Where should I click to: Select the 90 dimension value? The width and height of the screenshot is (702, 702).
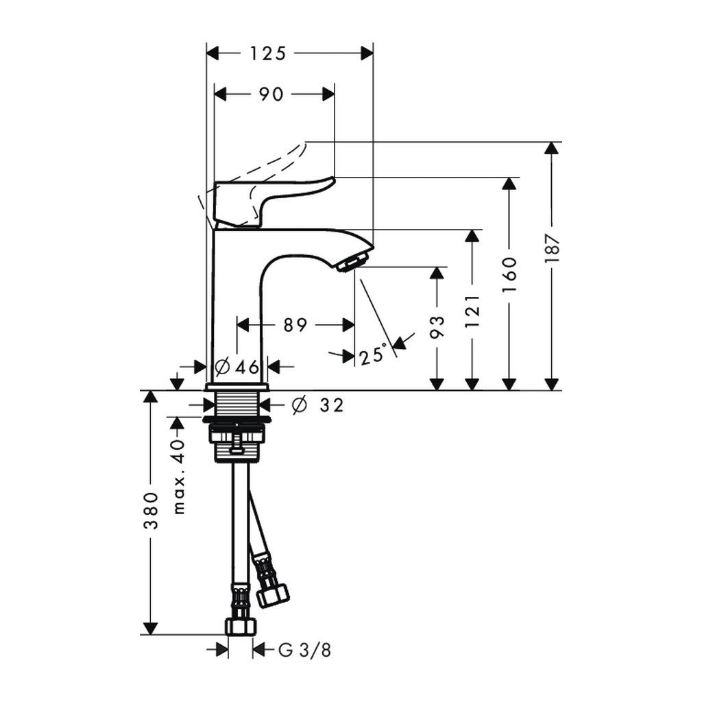click(271, 95)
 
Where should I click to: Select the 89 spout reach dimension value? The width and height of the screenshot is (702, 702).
click(295, 324)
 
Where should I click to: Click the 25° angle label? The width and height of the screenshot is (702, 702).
click(372, 355)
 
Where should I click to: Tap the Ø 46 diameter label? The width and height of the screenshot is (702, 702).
click(237, 367)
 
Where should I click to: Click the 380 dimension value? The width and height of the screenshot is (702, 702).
click(152, 513)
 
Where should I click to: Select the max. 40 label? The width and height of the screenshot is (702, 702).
click(178, 476)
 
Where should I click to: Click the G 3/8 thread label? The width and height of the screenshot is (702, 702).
click(304, 649)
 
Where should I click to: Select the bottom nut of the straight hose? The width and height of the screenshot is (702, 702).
click(240, 626)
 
